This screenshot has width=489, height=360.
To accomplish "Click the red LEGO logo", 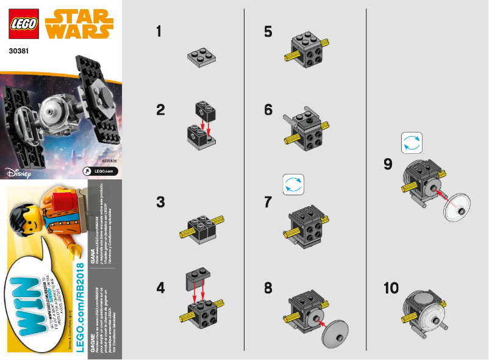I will (x=24, y=25).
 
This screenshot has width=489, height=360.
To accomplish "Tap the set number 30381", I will (x=21, y=52).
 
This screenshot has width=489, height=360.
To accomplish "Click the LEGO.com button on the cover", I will (x=100, y=171).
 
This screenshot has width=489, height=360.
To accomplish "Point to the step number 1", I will (x=160, y=32).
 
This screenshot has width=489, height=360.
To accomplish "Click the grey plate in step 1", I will (x=202, y=57).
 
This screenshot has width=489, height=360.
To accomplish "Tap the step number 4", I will (x=160, y=287).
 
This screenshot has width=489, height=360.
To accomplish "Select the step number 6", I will (x=268, y=110).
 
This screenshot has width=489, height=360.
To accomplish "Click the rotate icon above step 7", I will (x=293, y=184).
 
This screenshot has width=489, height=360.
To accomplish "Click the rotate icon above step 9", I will (x=411, y=143).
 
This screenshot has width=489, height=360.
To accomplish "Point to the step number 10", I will (x=391, y=288).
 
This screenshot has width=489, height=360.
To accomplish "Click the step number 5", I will (x=268, y=32).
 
